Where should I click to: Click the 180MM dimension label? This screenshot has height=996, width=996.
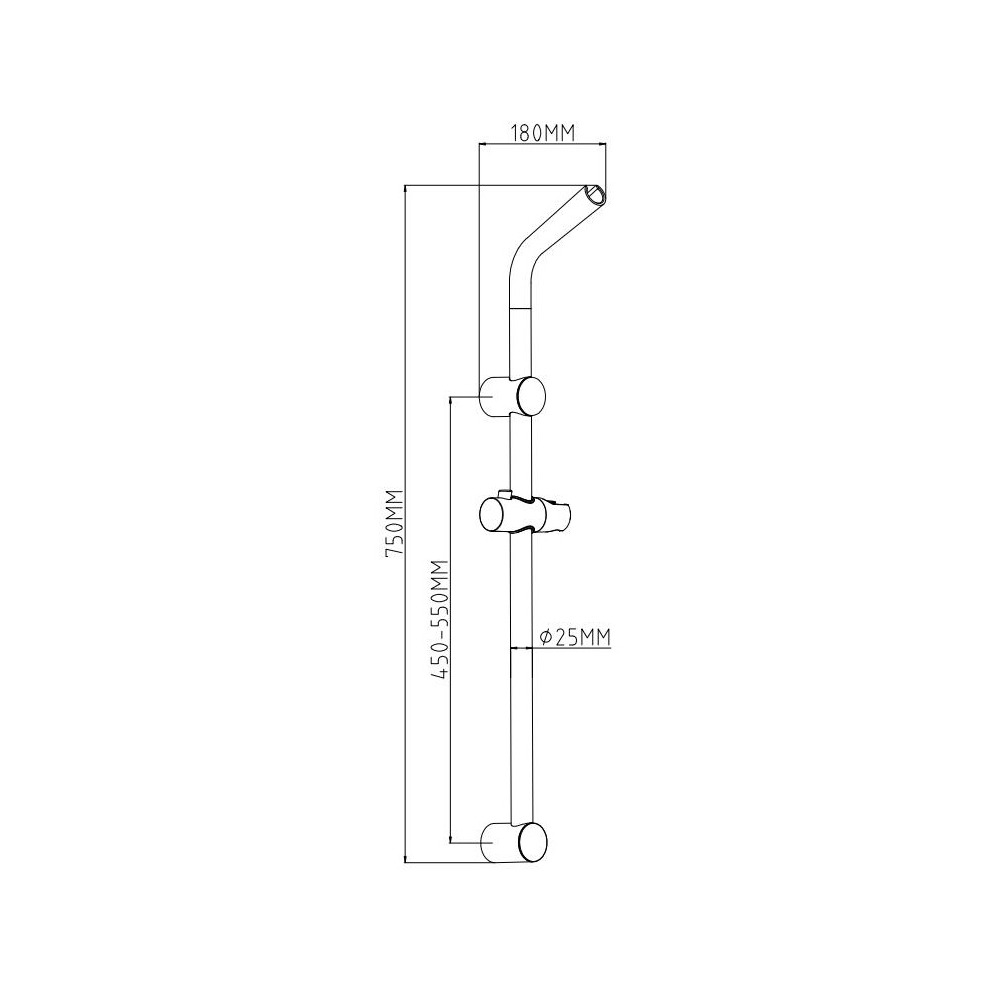click(x=543, y=134)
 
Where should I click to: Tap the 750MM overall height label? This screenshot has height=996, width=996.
click(x=395, y=524)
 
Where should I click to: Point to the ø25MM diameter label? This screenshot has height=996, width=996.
click(x=574, y=637)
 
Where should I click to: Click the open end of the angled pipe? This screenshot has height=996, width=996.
click(x=596, y=195)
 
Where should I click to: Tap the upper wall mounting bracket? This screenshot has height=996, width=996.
click(x=512, y=396)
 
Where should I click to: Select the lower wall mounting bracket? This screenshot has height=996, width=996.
click(x=512, y=842)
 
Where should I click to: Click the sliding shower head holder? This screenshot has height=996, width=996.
click(x=525, y=512)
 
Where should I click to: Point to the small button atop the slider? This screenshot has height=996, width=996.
click(x=505, y=494)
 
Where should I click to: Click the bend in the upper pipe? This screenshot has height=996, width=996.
click(x=522, y=259)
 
